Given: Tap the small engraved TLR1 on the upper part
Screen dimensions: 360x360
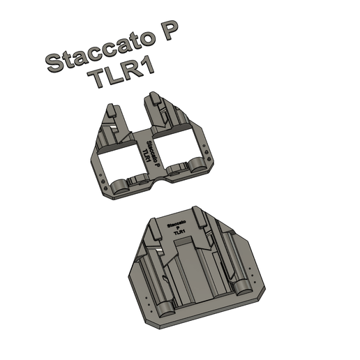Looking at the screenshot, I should pyautogui.click(x=147, y=152).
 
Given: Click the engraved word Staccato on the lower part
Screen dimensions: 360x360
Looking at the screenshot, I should pyautogui.click(x=176, y=224).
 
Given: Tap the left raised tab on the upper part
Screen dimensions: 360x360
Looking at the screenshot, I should pyautogui.click(x=110, y=113).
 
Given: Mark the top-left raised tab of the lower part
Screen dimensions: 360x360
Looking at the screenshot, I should pyautogui.click(x=150, y=227).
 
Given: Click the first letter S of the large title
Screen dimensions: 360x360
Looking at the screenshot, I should pyautogui.click(x=53, y=63).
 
